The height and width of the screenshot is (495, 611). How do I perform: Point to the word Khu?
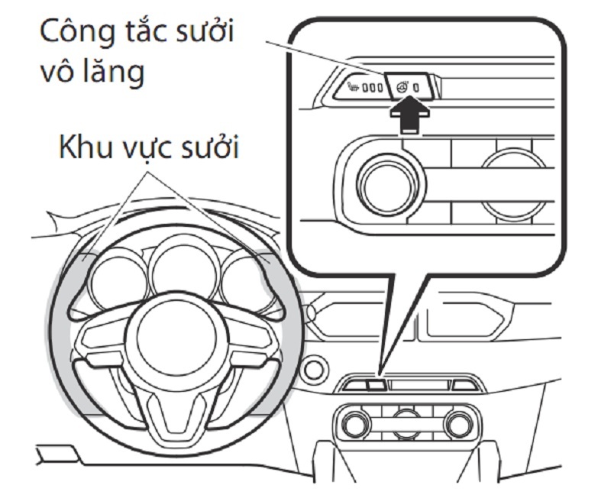[x=86, y=149]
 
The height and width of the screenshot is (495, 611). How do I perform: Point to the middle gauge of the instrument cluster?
[x=183, y=267]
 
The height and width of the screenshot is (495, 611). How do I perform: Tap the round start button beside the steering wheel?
[x=313, y=370]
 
